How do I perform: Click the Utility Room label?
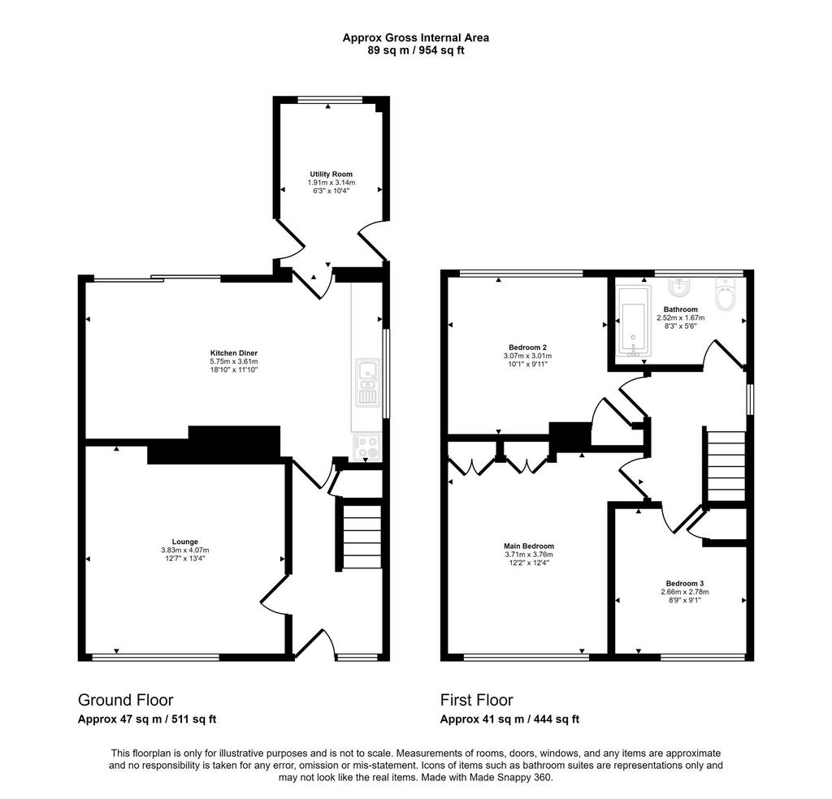331,174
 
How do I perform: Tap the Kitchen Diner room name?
234,353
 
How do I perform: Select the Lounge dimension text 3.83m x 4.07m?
185,551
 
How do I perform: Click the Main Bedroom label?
529,546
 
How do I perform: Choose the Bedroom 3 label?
685,583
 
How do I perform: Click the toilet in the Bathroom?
724,294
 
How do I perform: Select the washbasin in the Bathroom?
678,287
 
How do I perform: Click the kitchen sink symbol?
367,382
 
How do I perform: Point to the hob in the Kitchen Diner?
367,446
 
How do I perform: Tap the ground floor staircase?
362,537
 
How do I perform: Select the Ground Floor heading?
126,700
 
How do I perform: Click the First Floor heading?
476,700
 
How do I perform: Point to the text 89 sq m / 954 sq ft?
416,51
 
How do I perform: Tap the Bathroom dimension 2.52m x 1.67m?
681,318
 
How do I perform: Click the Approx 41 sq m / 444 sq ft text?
509,719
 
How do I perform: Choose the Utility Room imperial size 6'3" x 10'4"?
331,190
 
